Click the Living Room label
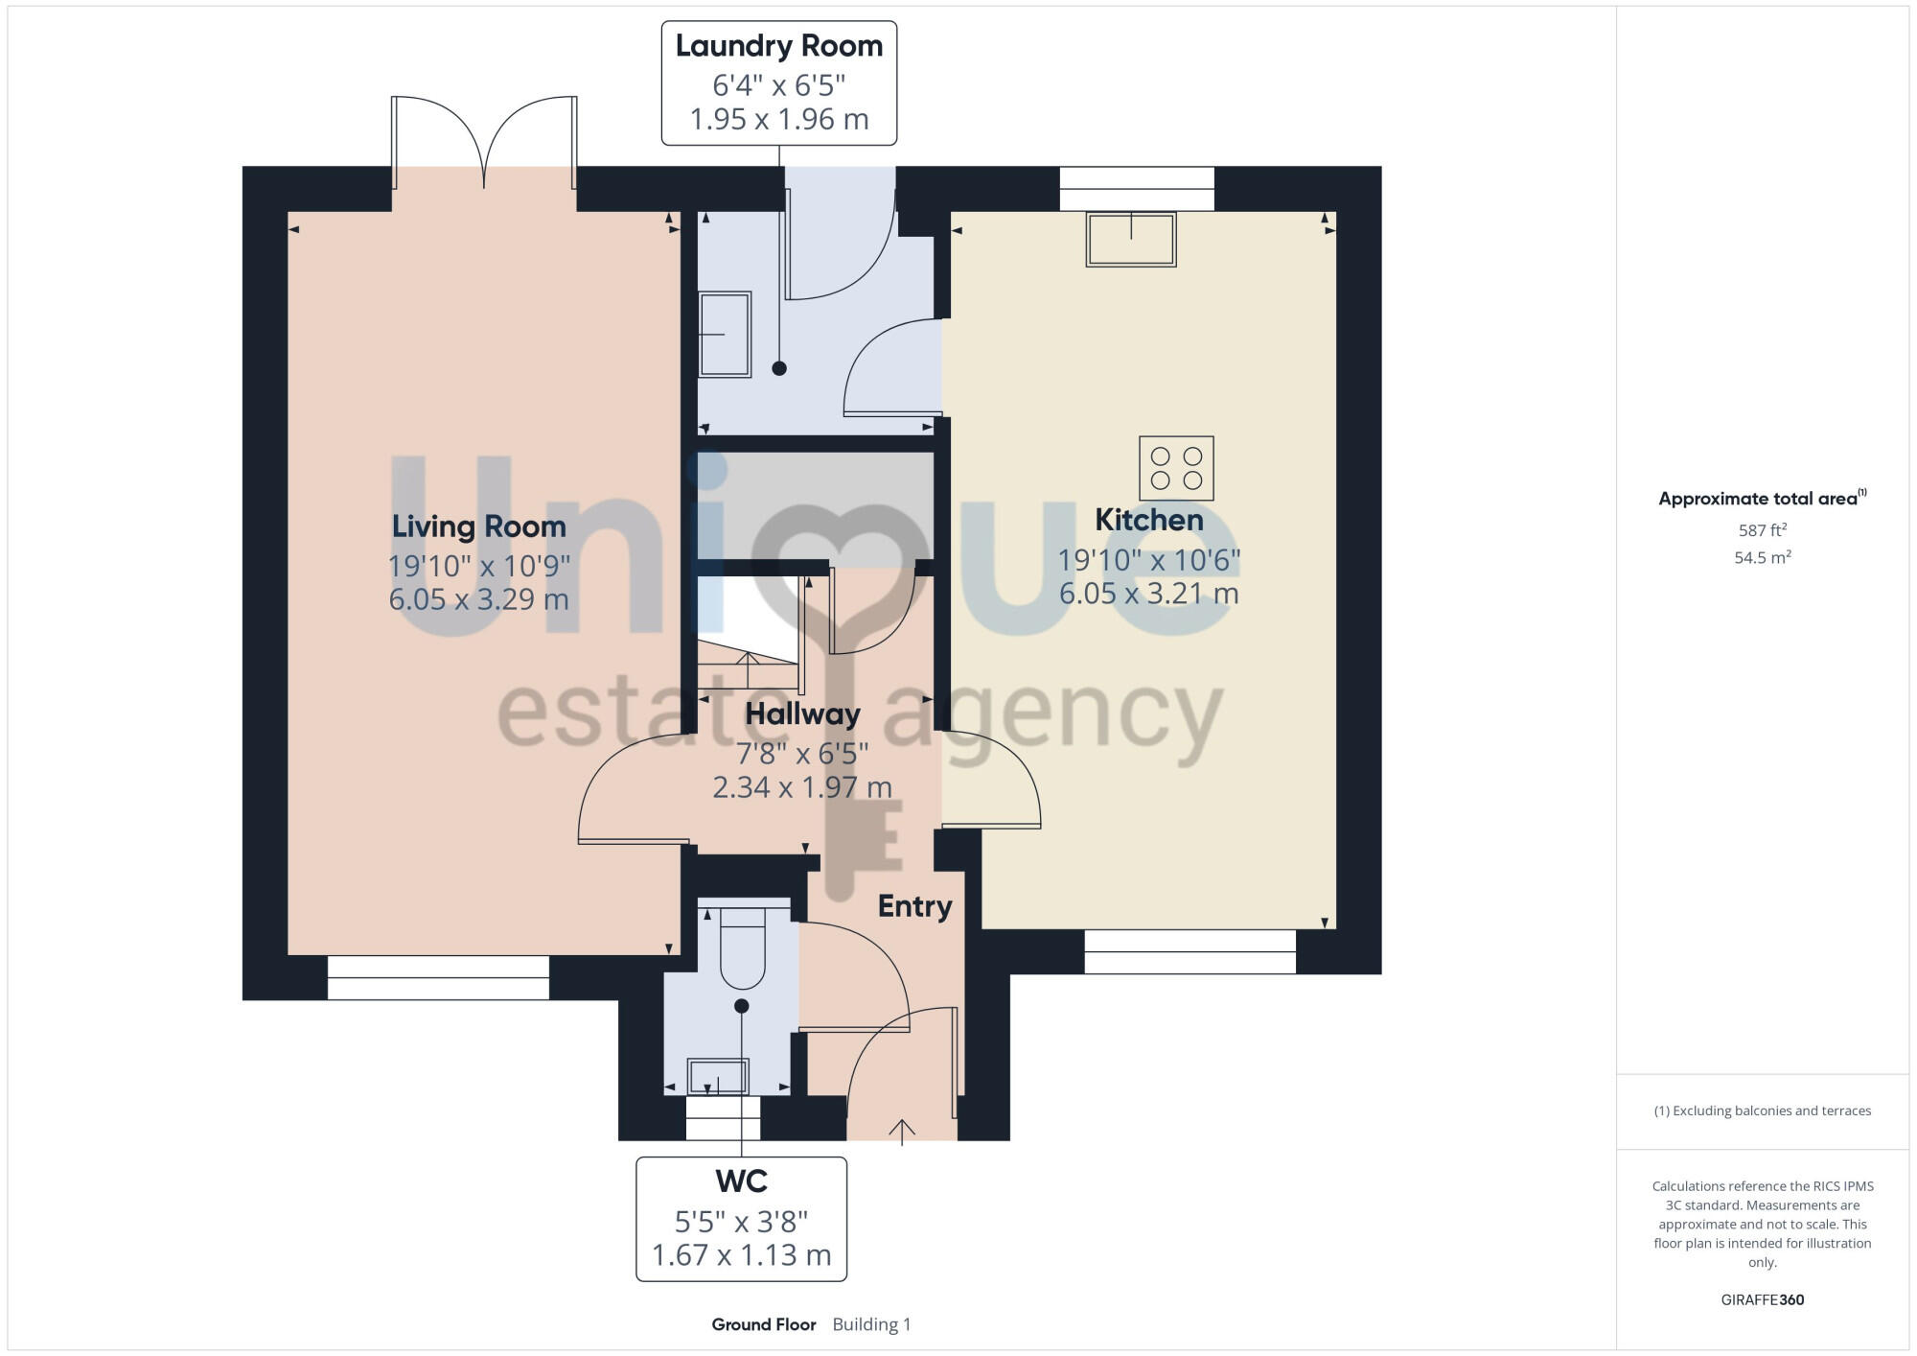[478, 526]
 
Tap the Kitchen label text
[1148, 520]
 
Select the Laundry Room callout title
[778, 46]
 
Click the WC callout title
[741, 1181]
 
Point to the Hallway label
[802, 714]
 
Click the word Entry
[914, 906]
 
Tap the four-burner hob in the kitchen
[1176, 469]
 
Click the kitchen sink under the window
[1131, 239]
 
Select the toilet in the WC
[743, 947]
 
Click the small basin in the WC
[718, 1076]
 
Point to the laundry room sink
[725, 335]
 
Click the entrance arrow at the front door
[901, 1132]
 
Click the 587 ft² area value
[1762, 530]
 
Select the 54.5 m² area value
[1762, 557]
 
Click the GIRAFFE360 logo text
[1762, 1300]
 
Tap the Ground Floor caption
[763, 1324]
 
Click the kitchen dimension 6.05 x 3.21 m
[1148, 594]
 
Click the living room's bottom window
[438, 977]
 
